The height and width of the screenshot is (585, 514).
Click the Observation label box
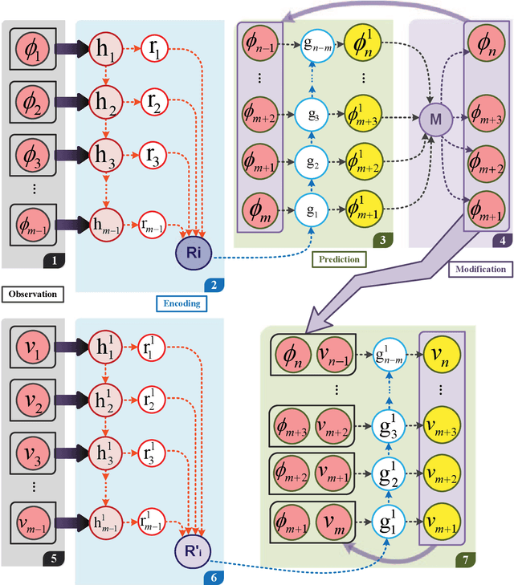[34, 294]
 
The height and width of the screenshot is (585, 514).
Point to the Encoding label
[182, 304]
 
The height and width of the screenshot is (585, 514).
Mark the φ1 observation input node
[33, 50]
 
